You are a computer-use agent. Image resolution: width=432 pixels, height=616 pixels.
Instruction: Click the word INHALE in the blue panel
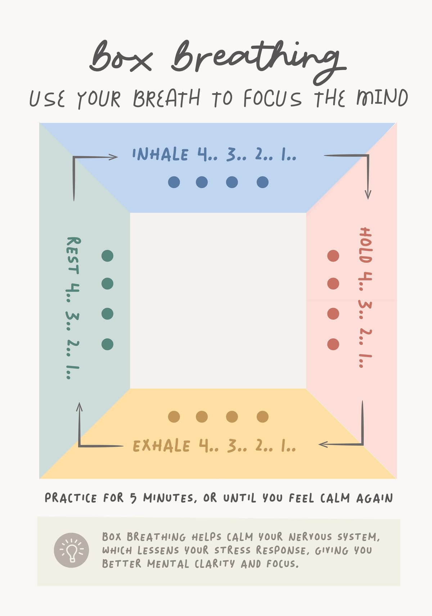pyautogui.click(x=160, y=154)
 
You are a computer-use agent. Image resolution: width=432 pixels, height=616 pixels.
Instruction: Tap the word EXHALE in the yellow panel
pyautogui.click(x=161, y=446)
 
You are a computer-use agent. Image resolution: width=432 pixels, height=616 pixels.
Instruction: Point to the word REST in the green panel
pyautogui.click(x=73, y=256)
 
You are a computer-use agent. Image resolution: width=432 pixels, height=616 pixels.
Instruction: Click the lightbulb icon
pyautogui.click(x=71, y=550)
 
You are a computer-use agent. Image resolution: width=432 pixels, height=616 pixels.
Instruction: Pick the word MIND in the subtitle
pyautogui.click(x=382, y=98)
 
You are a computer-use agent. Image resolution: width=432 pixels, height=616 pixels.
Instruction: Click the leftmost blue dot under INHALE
pyautogui.click(x=174, y=182)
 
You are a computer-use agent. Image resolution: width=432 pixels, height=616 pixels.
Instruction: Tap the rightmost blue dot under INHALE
pyautogui.click(x=262, y=182)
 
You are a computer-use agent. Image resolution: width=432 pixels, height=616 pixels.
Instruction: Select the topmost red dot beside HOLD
pyautogui.click(x=333, y=256)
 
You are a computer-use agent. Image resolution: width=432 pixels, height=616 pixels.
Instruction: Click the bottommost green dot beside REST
pyautogui.click(x=107, y=344)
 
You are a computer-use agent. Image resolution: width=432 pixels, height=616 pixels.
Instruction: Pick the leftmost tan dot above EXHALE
pyautogui.click(x=174, y=417)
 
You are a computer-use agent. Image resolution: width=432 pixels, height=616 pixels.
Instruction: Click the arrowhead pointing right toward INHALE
pyautogui.click(x=113, y=157)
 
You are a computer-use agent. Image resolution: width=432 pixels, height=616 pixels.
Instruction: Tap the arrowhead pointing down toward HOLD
pyautogui.click(x=368, y=194)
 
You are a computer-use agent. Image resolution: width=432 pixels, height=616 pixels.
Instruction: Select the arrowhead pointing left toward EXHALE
pyautogui.click(x=323, y=444)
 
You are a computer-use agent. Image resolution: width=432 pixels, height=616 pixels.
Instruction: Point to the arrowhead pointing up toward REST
pyautogui.click(x=79, y=407)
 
